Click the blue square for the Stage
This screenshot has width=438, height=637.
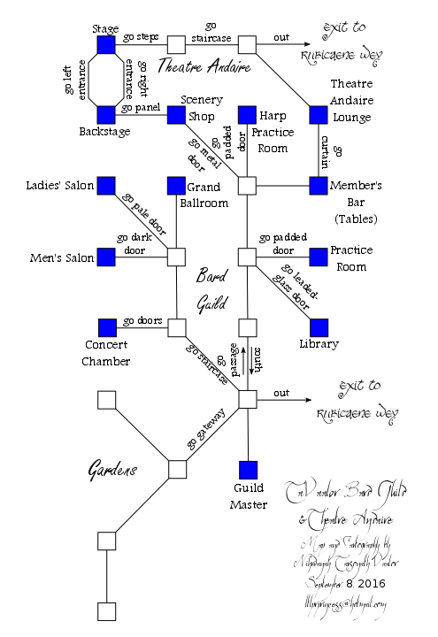click(x=106, y=44)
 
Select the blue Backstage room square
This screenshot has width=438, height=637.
click(x=106, y=115)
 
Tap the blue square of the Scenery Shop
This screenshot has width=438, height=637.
click(x=177, y=115)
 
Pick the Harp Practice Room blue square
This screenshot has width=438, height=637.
click(x=248, y=115)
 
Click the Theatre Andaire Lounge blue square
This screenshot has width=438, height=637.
click(x=319, y=115)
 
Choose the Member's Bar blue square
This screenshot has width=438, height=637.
click(x=319, y=186)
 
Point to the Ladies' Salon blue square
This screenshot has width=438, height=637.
click(x=106, y=186)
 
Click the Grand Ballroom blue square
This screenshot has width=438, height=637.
click(x=177, y=186)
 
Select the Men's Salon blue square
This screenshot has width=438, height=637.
click(x=106, y=257)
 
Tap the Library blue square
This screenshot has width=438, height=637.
click(x=319, y=327)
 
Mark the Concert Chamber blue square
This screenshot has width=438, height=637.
click(x=106, y=327)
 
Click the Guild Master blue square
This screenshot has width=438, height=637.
click(x=248, y=469)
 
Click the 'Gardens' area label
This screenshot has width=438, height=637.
click(x=111, y=470)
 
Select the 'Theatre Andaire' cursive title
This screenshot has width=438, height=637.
click(x=203, y=66)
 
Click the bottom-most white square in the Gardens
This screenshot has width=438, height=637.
click(x=106, y=610)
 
